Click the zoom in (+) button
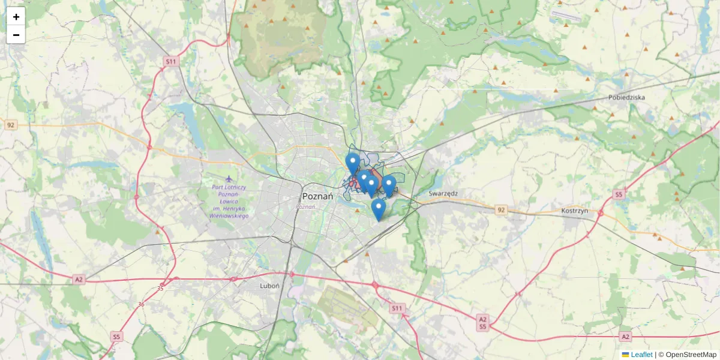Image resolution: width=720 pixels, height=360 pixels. (16, 17)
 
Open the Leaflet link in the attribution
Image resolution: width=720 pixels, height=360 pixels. (641, 355)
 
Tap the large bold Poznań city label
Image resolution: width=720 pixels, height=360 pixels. (318, 196)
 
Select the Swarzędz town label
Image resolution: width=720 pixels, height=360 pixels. (443, 193)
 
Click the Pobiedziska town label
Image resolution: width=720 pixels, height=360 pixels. (626, 97)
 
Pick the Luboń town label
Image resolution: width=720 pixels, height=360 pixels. (269, 286)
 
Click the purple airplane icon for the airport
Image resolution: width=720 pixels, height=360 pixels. (229, 179)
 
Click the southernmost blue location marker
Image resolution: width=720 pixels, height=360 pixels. (378, 209)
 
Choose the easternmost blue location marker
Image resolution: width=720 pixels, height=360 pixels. (389, 185)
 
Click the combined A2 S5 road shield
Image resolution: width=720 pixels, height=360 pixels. (482, 323)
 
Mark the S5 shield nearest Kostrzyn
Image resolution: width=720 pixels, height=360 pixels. (619, 194)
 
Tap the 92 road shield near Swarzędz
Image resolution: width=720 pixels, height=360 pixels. (501, 210)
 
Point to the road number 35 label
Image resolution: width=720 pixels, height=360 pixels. (160, 289)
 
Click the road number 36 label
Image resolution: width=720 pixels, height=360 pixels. (141, 304)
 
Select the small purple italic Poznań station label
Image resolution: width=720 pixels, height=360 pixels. (305, 206)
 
